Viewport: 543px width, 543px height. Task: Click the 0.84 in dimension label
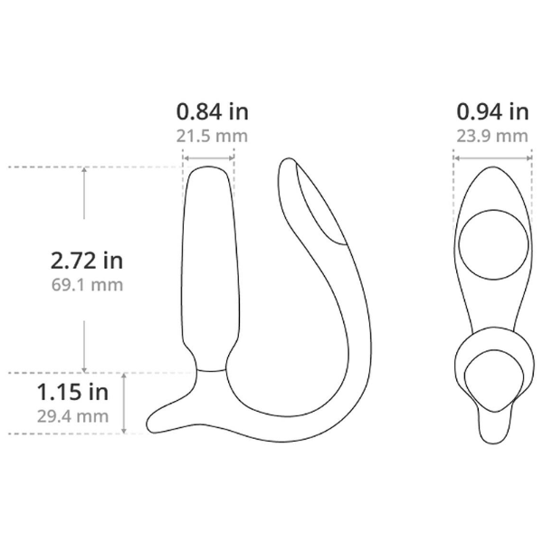pyautogui.click(x=213, y=112)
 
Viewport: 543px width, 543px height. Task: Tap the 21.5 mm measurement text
pyautogui.click(x=212, y=136)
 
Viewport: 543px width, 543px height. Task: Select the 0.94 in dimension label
pyautogui.click(x=492, y=112)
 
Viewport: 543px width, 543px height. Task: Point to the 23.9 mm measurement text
pyautogui.click(x=492, y=136)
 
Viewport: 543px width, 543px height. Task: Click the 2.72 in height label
pyautogui.click(x=87, y=261)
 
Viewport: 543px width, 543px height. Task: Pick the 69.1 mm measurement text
pyautogui.click(x=87, y=285)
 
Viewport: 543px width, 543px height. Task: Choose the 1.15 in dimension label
pyautogui.click(x=72, y=392)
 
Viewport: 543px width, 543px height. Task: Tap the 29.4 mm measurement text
pyautogui.click(x=72, y=416)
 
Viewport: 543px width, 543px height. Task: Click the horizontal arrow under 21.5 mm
pyautogui.click(x=208, y=158)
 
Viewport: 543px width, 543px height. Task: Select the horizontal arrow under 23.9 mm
pyautogui.click(x=492, y=158)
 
